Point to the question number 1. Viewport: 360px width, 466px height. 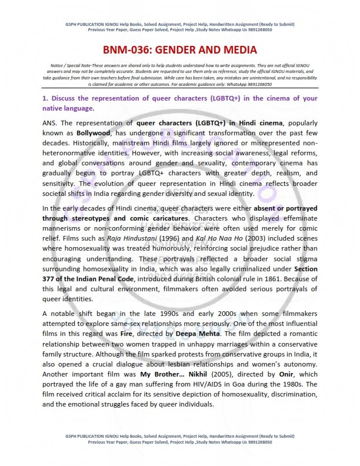pos(45,99)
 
